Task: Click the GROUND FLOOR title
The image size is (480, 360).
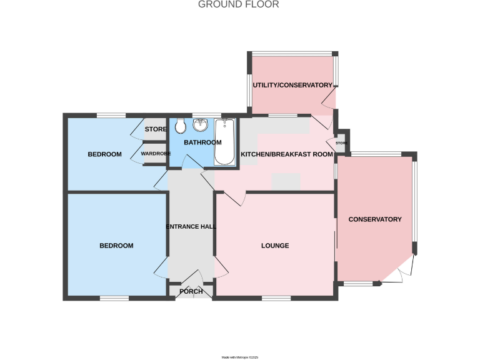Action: click(239, 4)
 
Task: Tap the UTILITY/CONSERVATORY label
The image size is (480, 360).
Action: click(292, 85)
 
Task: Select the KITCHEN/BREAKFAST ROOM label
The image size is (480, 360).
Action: click(286, 154)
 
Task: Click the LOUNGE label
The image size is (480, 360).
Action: click(275, 246)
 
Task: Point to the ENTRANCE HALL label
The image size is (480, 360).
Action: click(191, 226)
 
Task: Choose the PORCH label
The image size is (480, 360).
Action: click(191, 291)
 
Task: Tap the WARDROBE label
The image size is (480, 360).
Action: click(155, 153)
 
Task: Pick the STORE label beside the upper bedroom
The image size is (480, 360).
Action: click(156, 129)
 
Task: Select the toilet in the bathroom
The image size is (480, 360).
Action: click(180, 126)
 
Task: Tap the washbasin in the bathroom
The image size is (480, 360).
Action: click(201, 125)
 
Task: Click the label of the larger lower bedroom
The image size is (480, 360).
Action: click(116, 246)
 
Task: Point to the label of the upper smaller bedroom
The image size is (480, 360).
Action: click(104, 154)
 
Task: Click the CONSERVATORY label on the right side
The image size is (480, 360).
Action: click(374, 219)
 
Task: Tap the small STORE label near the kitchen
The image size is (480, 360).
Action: click(341, 143)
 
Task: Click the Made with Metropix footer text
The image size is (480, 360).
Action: click(240, 357)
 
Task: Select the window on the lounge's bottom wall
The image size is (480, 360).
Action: click(275, 298)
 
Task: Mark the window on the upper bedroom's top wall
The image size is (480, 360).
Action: click(111, 114)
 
